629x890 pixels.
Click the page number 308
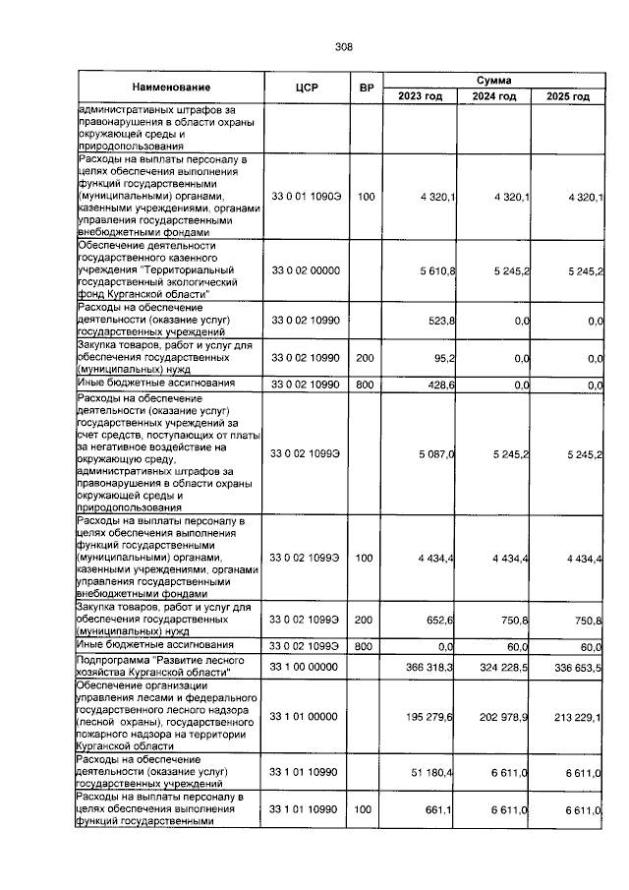[x=343, y=46]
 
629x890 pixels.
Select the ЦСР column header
[x=304, y=88]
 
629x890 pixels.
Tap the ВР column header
[x=367, y=88]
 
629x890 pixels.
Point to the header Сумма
[x=492, y=80]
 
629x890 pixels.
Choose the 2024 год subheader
[x=492, y=96]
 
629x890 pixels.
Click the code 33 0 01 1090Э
[x=305, y=198]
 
